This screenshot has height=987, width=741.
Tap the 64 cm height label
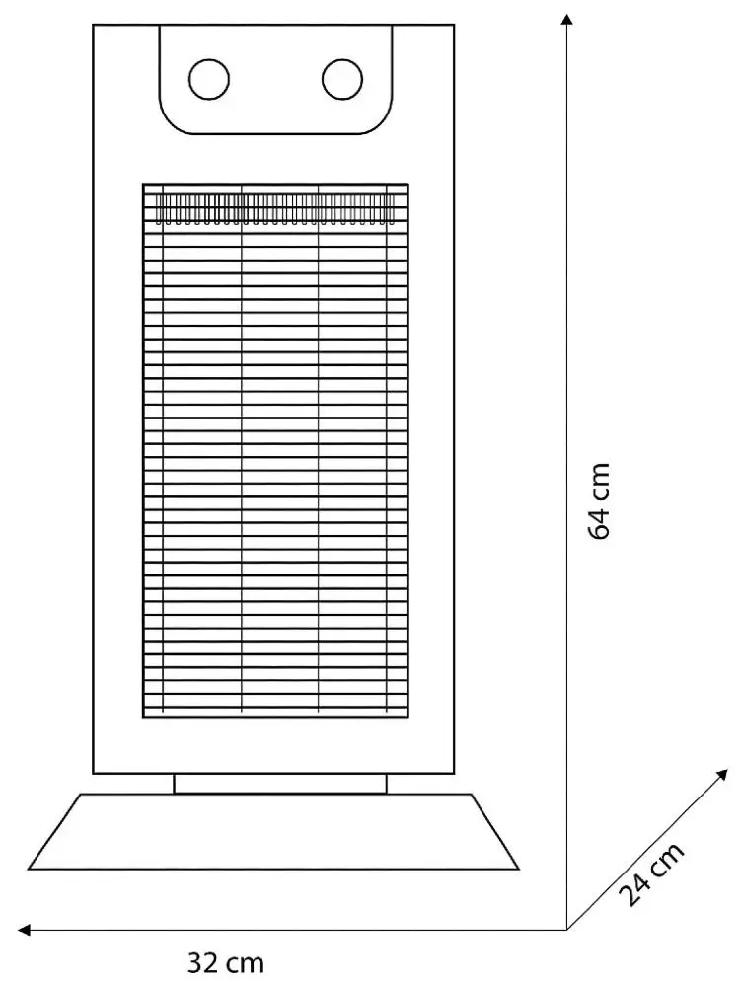tap(599, 501)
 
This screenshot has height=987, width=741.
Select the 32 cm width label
tap(226, 963)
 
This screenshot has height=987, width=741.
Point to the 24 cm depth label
tap(651, 873)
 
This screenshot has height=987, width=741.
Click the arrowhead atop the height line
tap(567, 19)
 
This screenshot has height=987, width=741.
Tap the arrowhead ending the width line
tap(24, 930)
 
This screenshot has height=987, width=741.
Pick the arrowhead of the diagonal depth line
tap(722, 775)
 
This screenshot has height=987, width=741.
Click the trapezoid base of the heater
tap(273, 831)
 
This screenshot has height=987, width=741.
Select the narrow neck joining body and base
tap(280, 784)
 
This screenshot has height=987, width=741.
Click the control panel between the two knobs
tap(275, 79)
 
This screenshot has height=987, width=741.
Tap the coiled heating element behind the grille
tap(275, 208)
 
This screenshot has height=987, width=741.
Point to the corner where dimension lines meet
tap(567, 930)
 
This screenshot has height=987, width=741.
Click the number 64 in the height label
tap(599, 522)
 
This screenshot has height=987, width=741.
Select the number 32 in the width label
tap(202, 963)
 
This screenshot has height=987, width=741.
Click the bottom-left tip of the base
tap(29, 870)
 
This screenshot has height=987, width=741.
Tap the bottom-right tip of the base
tap(520, 870)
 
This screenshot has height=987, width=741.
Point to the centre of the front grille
tap(275, 450)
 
